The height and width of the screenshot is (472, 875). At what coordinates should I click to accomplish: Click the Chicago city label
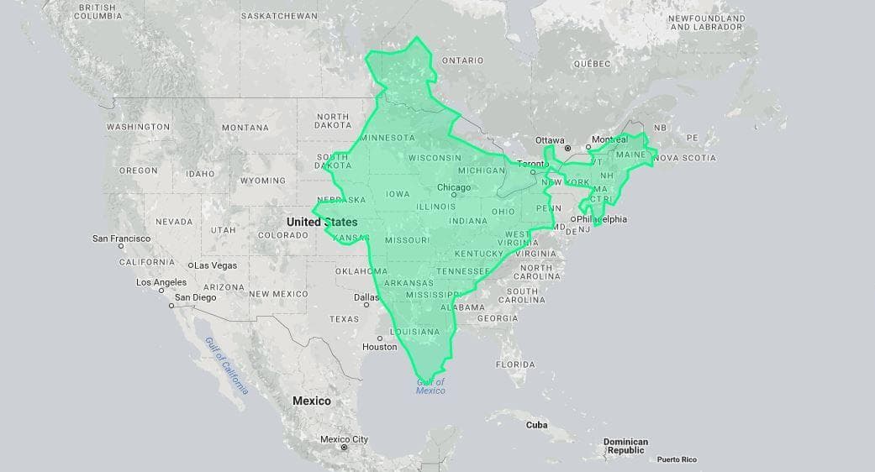454,187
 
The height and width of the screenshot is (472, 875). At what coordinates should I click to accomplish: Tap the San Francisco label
121,239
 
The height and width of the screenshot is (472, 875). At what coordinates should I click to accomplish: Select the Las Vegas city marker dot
192,265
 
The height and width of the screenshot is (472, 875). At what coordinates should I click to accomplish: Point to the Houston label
379,347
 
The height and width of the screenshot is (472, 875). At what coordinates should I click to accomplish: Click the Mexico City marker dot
344,448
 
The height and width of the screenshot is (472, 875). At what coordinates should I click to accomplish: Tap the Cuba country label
536,425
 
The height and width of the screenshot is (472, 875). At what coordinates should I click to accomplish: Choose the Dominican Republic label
625,446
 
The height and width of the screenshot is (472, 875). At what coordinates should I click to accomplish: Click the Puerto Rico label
677,459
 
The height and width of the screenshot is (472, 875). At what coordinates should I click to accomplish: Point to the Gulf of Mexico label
430,386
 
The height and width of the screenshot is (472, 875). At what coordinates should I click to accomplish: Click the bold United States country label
322,222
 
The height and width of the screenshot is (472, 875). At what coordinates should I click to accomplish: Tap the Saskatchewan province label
279,16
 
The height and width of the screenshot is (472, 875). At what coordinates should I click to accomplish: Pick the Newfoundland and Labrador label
707,23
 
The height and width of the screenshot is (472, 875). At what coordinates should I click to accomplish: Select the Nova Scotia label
685,158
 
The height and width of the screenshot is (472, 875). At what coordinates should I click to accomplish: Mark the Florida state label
515,364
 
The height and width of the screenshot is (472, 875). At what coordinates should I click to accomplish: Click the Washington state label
138,127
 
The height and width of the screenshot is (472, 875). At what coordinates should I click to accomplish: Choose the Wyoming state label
262,181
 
